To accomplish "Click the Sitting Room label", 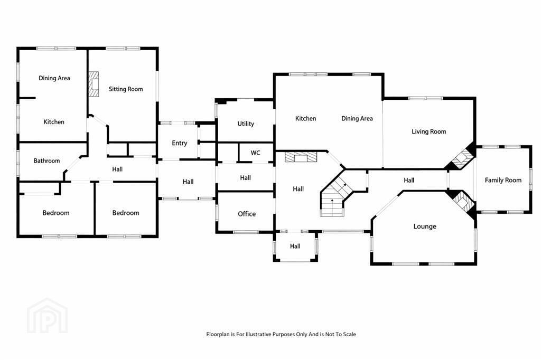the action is (x=126, y=89).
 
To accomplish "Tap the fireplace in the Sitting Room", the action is (x=94, y=84).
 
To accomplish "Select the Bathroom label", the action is (x=46, y=160).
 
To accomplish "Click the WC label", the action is (x=255, y=153).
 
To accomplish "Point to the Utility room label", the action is (x=246, y=124).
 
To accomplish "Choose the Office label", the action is (x=247, y=214).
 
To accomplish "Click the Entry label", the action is (x=180, y=143).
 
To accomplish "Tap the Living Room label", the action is (x=429, y=131).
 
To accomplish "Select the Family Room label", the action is (x=503, y=180).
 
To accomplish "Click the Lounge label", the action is (x=425, y=226).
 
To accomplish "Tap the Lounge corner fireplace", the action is (x=462, y=202).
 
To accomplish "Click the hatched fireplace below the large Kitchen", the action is (x=300, y=157).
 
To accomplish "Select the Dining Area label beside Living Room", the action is (x=357, y=119).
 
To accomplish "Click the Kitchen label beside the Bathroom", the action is (x=54, y=122).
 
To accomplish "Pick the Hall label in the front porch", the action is (x=295, y=246).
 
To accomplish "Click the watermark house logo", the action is (x=47, y=316).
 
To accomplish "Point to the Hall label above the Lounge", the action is (x=409, y=181).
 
